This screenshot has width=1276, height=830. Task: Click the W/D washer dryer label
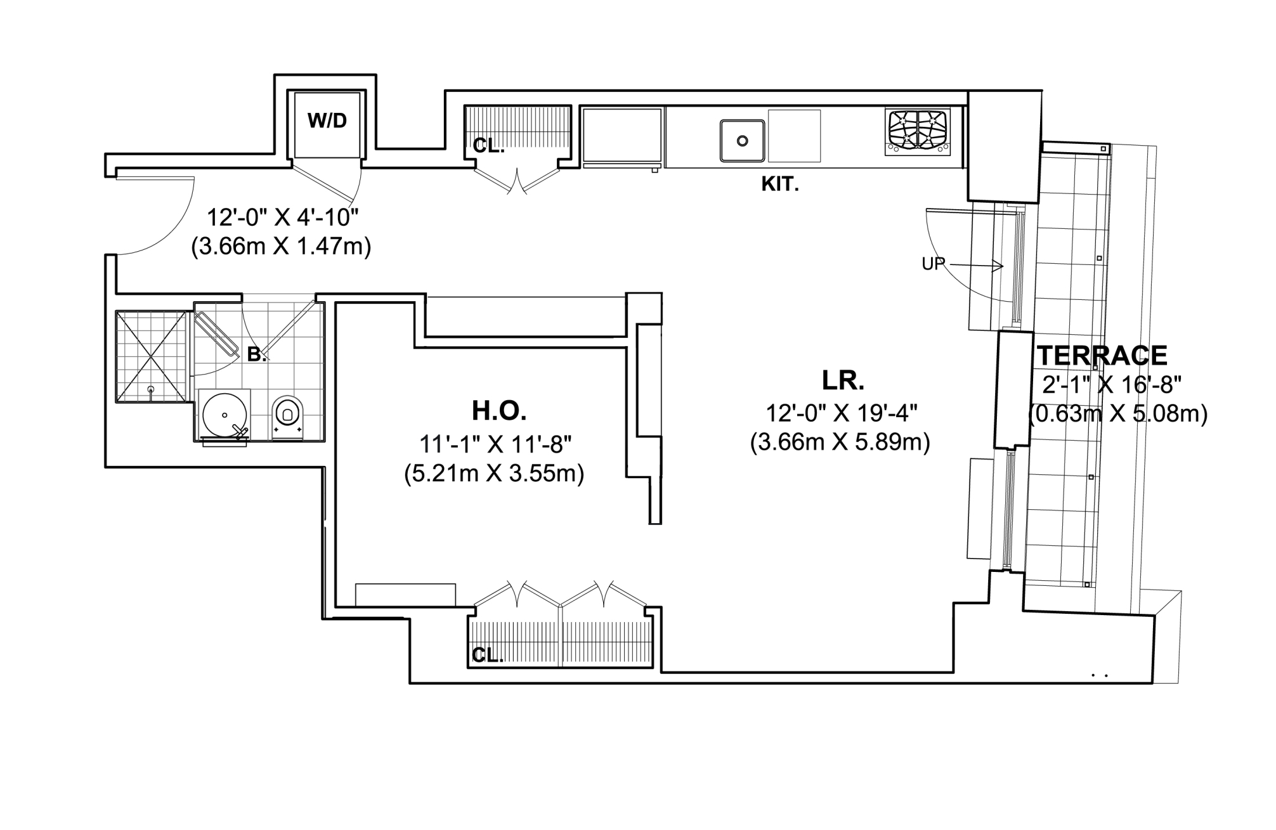tap(327, 120)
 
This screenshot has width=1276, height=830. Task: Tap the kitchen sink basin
tap(741, 141)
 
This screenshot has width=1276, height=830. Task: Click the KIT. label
tap(779, 185)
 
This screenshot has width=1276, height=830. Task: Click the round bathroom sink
tap(224, 415)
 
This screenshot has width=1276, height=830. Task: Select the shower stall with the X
tap(152, 356)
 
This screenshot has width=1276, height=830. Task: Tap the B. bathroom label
tap(256, 355)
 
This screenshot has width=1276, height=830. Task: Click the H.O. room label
tap(499, 412)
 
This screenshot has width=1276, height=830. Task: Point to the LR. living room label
tap(843, 380)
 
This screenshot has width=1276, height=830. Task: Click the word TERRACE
tap(1102, 356)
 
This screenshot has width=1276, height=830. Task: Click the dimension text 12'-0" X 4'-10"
tap(283, 217)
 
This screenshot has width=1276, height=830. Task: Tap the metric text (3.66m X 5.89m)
tap(840, 442)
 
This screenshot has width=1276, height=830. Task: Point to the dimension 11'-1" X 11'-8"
tap(495, 444)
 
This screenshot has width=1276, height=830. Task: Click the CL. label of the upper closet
tap(488, 146)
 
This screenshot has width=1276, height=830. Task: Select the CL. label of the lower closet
tap(487, 655)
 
